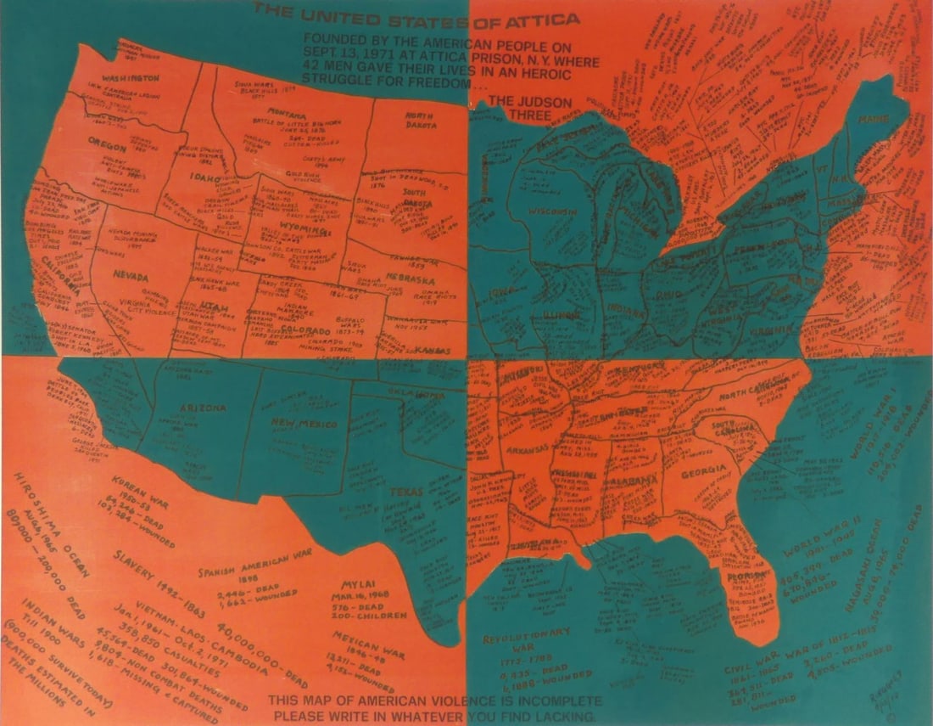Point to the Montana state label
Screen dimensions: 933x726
(286, 113)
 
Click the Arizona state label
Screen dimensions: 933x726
(202, 408)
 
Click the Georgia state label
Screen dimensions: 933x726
(702, 470)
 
